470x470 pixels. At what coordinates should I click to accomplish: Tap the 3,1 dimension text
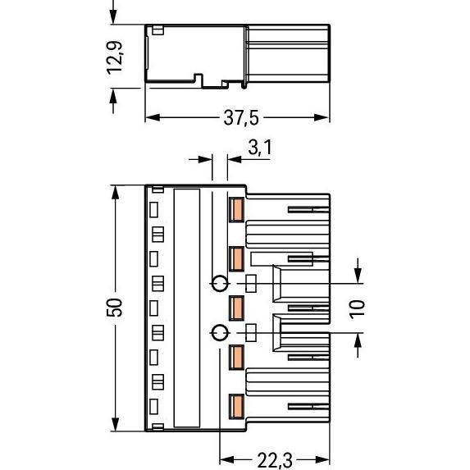pyautogui.click(x=259, y=148)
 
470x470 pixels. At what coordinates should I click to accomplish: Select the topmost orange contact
pyautogui.click(x=236, y=210)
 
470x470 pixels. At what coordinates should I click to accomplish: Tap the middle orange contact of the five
pyautogui.click(x=236, y=308)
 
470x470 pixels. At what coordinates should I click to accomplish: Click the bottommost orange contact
pyautogui.click(x=236, y=405)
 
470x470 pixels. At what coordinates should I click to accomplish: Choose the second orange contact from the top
pyautogui.click(x=236, y=259)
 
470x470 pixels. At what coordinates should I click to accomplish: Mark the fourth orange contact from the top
pyautogui.click(x=236, y=357)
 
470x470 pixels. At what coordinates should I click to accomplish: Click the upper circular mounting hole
pyautogui.click(x=219, y=284)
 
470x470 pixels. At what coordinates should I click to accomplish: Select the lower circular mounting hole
pyautogui.click(x=219, y=332)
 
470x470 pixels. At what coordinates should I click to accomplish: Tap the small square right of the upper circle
pyautogui.click(x=252, y=284)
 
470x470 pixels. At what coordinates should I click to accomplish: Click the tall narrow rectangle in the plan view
pyautogui.click(x=187, y=308)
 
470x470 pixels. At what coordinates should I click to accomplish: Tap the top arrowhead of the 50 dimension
pyautogui.click(x=116, y=189)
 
